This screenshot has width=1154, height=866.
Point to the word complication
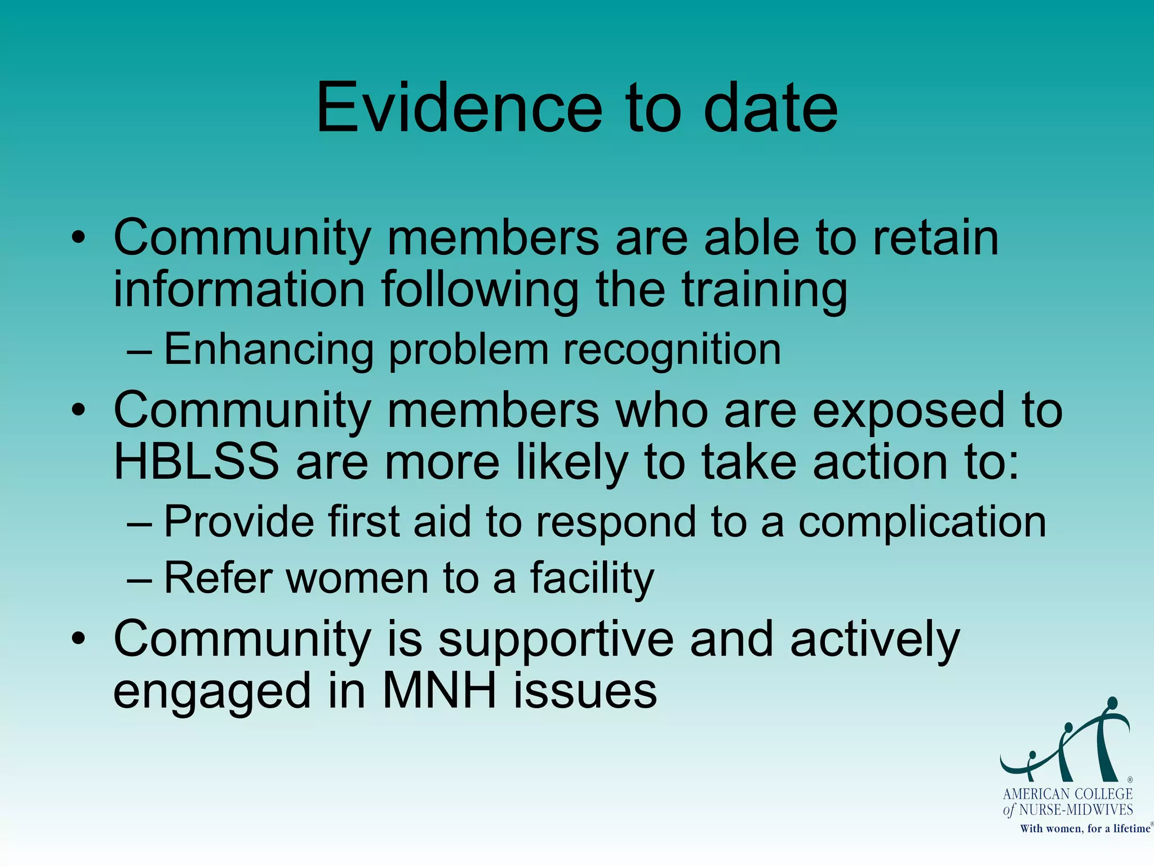(x=922, y=522)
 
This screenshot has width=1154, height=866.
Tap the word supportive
(x=556, y=640)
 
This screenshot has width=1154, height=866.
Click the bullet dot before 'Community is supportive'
(x=78, y=639)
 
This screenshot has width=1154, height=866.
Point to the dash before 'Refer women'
(x=139, y=579)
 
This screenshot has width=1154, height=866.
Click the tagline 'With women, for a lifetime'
(x=1085, y=829)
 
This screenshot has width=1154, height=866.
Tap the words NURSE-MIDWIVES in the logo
(x=1076, y=810)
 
